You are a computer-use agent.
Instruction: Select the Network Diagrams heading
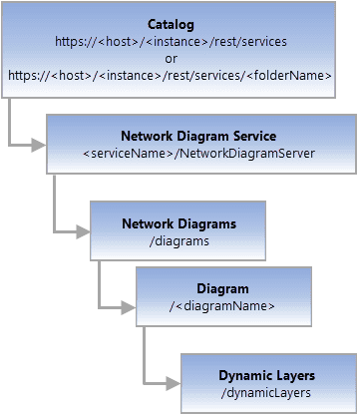coord(179,223)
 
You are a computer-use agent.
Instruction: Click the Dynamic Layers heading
coord(266,375)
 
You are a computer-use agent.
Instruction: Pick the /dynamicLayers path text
coord(266,393)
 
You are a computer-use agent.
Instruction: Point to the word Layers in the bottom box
coord(294,375)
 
